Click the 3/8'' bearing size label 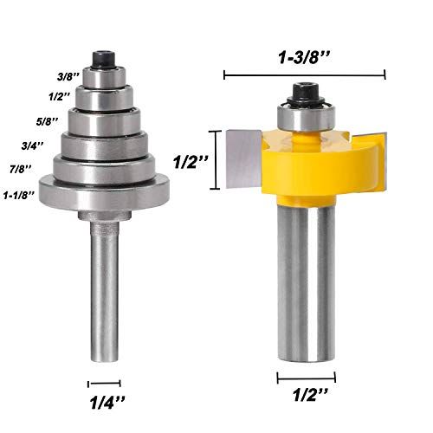pos(68,77)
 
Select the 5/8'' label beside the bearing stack pos(47,121)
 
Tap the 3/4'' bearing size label pos(33,145)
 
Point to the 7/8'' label pos(21,169)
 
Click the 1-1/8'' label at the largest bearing pos(19,195)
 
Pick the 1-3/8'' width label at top pos(304,58)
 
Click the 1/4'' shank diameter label pos(107,403)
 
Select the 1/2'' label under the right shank pos(311,394)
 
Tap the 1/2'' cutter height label pos(191,162)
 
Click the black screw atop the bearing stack pos(104,60)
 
